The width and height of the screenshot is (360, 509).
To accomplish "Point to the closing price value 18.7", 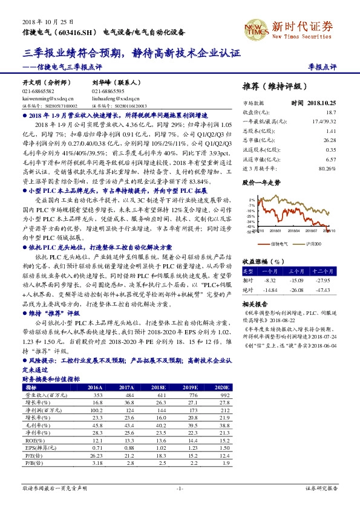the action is tap(330, 112).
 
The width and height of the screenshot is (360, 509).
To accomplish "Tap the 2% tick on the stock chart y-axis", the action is tap(251, 199).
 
